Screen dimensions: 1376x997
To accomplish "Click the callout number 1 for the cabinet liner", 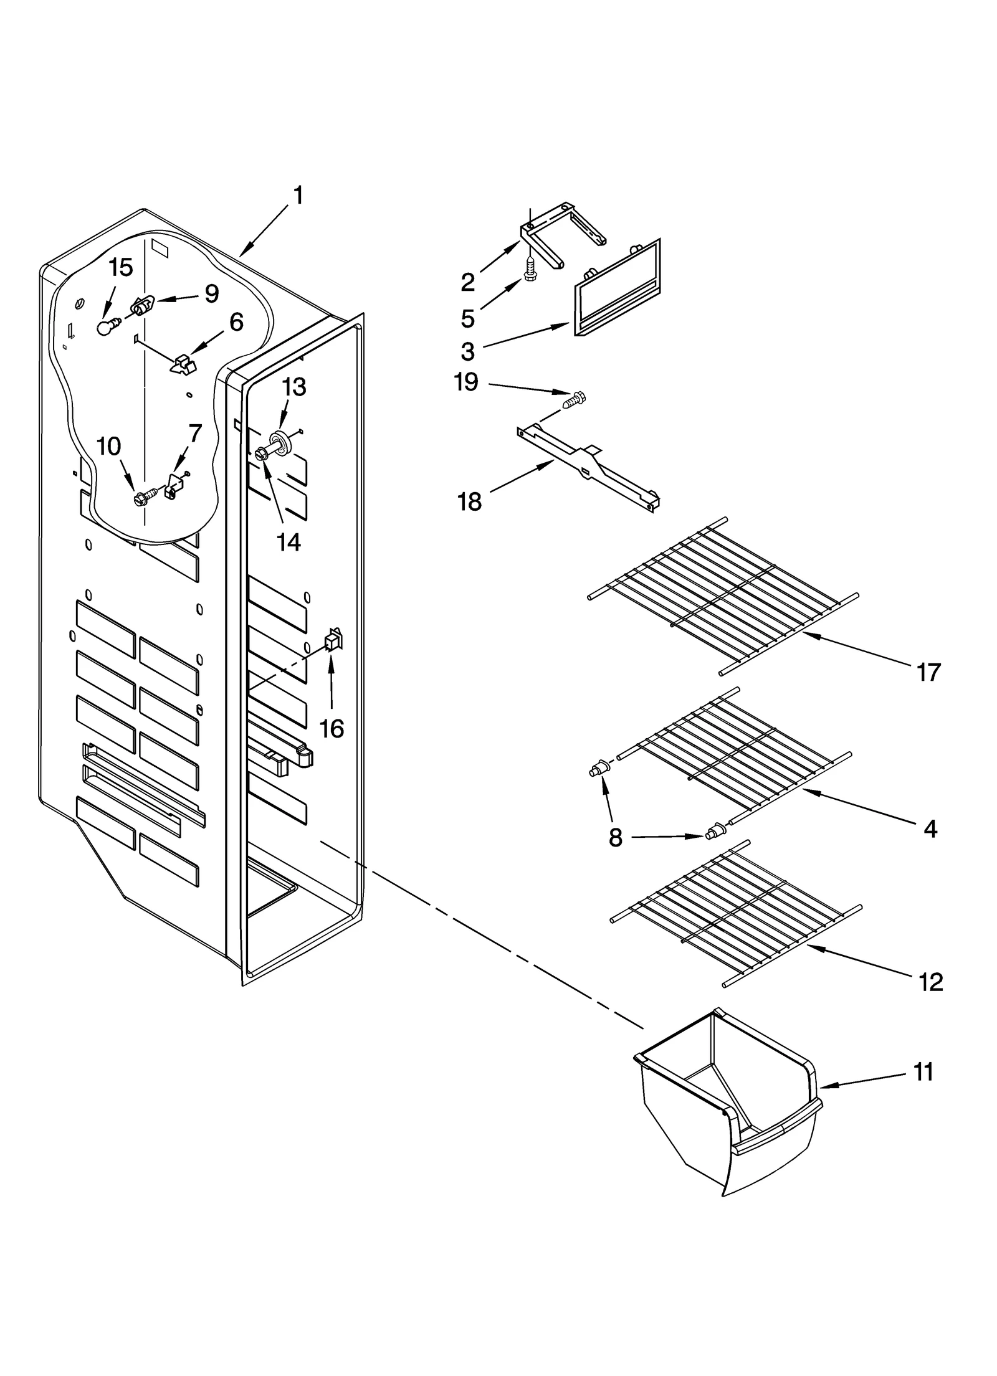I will click(298, 196).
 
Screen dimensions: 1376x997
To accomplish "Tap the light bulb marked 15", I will click(107, 326).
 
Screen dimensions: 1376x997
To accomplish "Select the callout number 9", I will click(212, 293).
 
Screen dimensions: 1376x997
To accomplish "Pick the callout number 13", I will click(293, 387).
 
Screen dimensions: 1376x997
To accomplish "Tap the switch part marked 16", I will click(333, 640).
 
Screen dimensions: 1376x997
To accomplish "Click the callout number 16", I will click(332, 728).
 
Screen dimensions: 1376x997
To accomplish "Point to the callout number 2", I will click(468, 283).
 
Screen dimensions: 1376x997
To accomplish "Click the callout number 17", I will click(928, 673).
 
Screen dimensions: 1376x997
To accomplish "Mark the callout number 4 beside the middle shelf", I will click(930, 829).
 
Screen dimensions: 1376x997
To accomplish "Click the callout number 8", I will click(615, 838).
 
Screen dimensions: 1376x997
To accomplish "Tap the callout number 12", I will click(930, 982).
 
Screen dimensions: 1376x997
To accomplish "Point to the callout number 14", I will click(289, 542).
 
